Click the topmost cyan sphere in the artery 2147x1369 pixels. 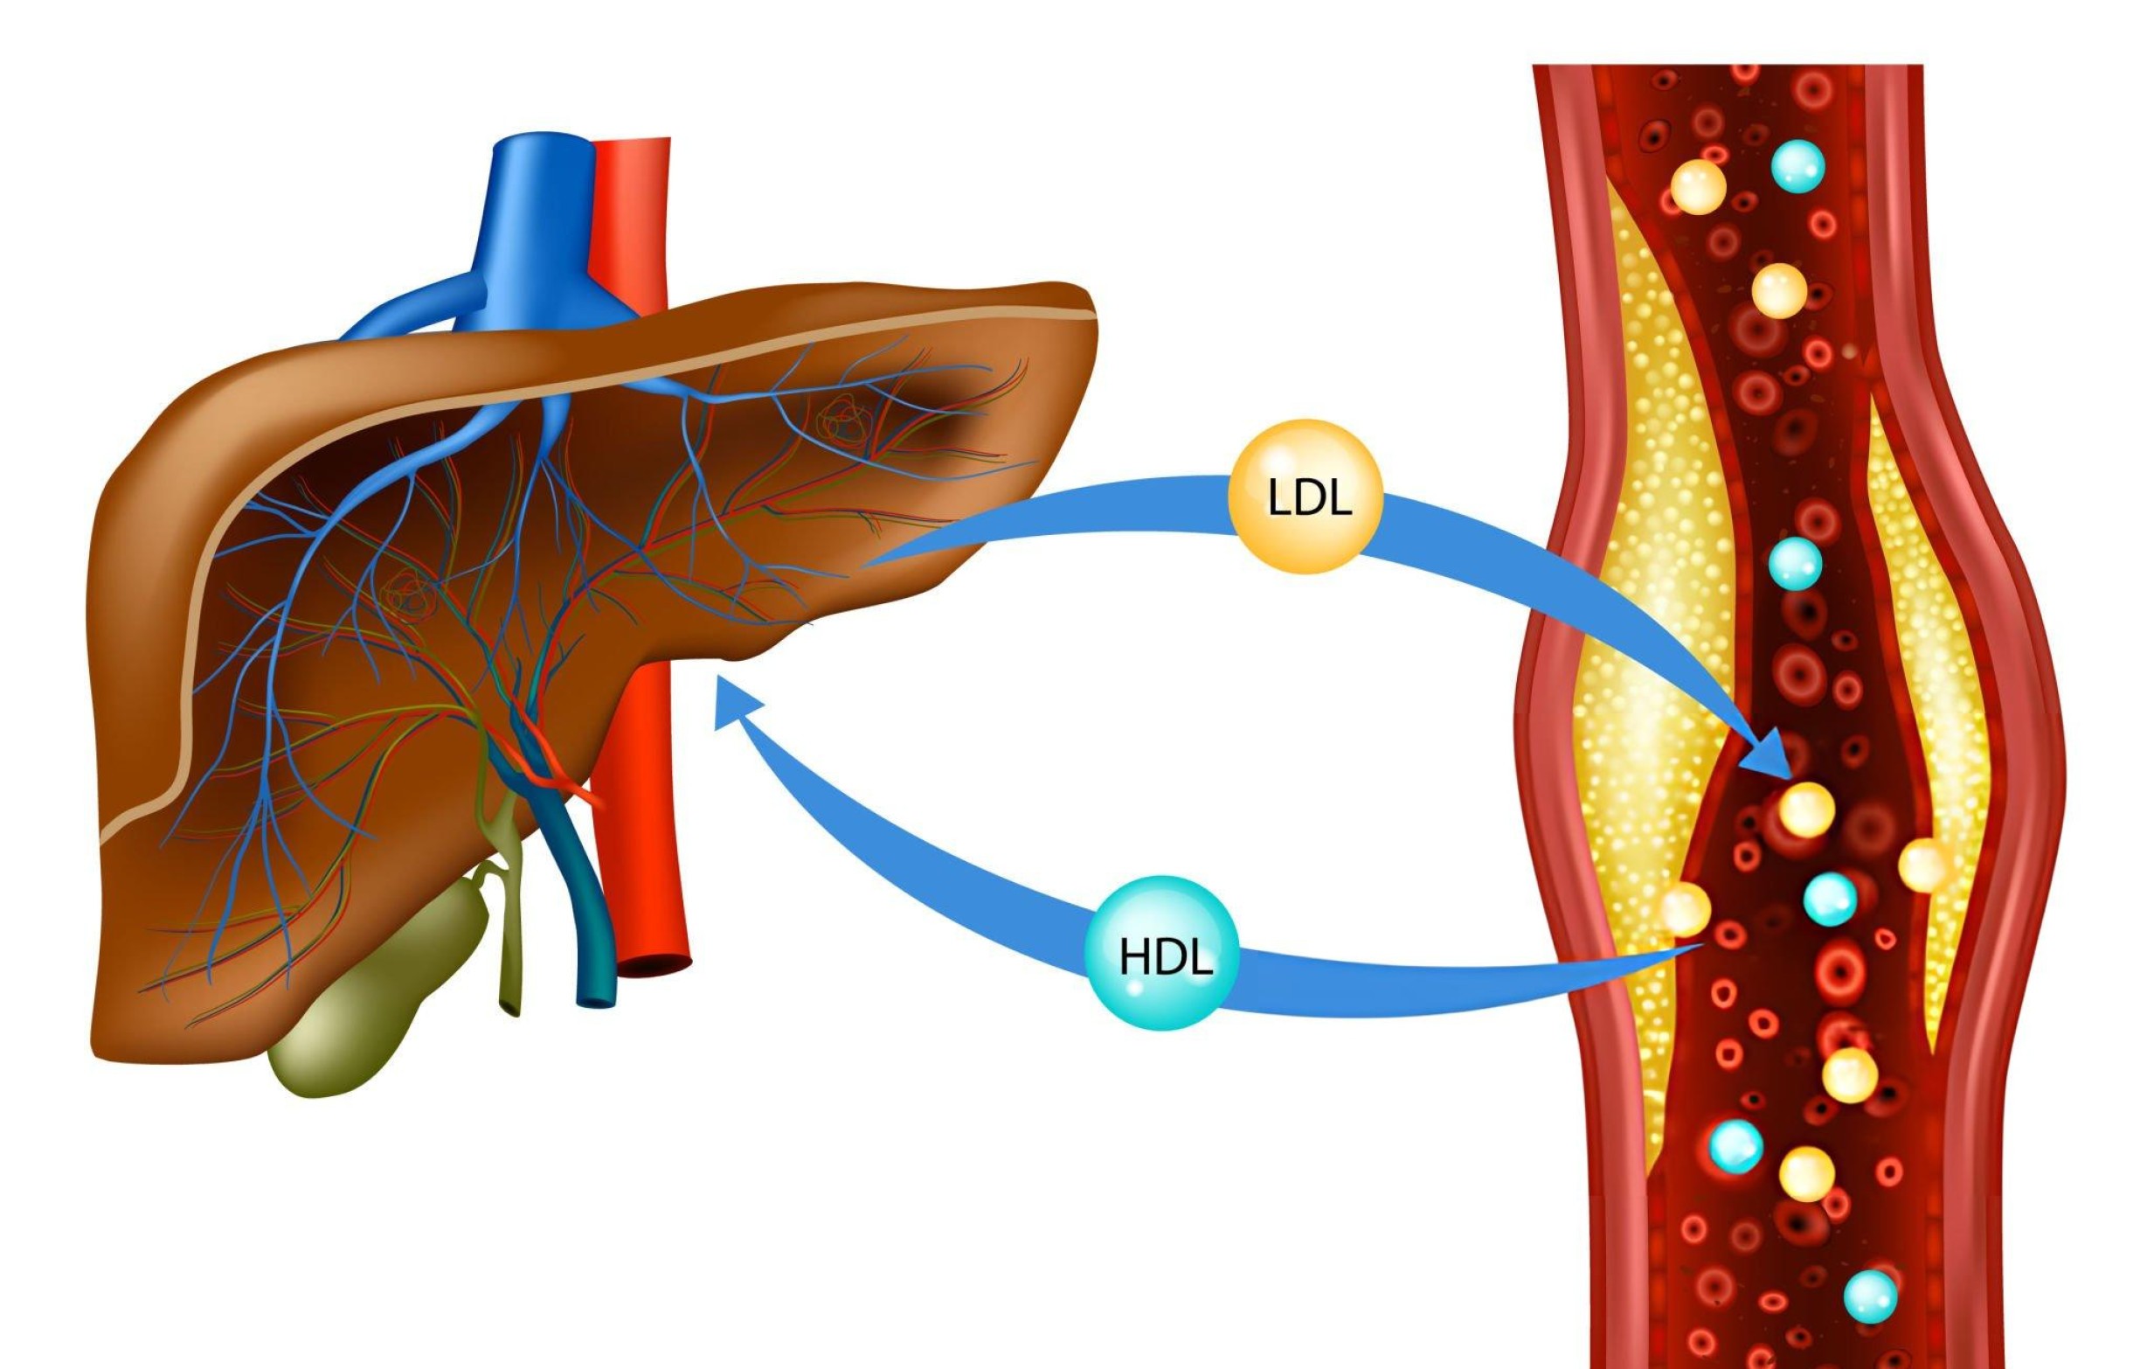(1797, 166)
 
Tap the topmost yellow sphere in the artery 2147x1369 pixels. (1698, 187)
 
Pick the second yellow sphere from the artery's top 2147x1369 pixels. (1779, 290)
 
